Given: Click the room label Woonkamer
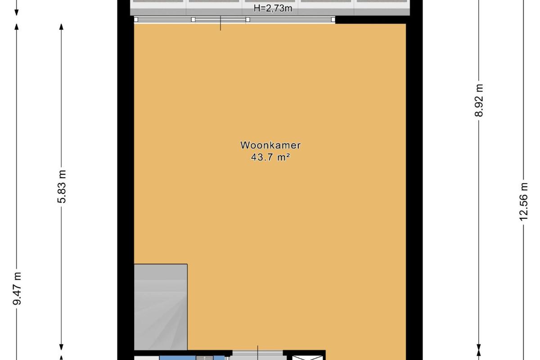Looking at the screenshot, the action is [270, 145].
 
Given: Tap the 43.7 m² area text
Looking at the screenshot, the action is [270, 157].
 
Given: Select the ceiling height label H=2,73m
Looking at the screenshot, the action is [273, 9].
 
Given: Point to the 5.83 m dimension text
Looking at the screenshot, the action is [62, 187].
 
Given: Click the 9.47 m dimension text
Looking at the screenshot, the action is [17, 288].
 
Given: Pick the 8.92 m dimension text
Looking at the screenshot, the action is [479, 100].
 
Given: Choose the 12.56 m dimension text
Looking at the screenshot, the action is [523, 202].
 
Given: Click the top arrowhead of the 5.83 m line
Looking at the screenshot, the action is [62, 27].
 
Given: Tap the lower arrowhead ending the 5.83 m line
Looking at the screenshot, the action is [62, 347].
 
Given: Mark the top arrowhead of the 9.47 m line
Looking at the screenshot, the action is [17, 27].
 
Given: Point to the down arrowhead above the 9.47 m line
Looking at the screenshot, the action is [17, 13].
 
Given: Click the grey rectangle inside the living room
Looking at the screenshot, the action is [161, 307].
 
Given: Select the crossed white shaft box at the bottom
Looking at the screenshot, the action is [307, 358].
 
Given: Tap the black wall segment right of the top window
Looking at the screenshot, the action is [371, 20].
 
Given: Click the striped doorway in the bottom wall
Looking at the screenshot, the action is [257, 353].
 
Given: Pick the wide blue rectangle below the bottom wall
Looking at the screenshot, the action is [178, 358].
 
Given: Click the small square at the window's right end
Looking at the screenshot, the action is [333, 19].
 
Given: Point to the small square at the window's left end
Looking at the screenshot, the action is [136, 19].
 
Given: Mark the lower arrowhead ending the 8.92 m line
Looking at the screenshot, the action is [479, 347].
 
